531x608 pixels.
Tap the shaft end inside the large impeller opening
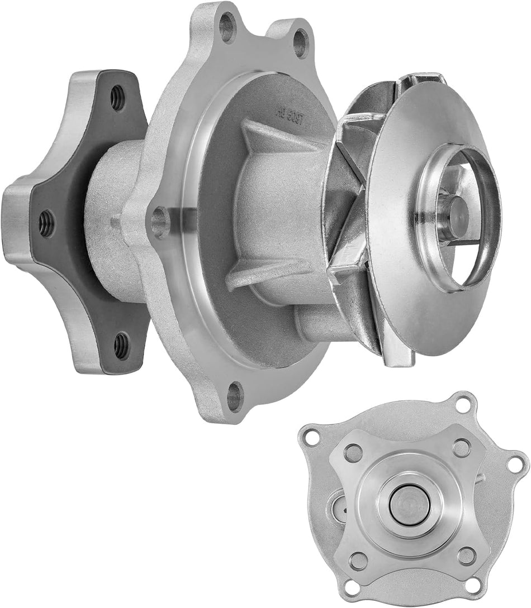point(456,210)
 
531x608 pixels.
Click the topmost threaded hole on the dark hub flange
point(117,99)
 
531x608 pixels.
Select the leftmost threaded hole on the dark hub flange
point(46,223)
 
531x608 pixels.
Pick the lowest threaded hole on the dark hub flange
point(121,346)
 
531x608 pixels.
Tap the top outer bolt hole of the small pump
point(463,404)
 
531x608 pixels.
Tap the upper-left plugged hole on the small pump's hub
point(353,452)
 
